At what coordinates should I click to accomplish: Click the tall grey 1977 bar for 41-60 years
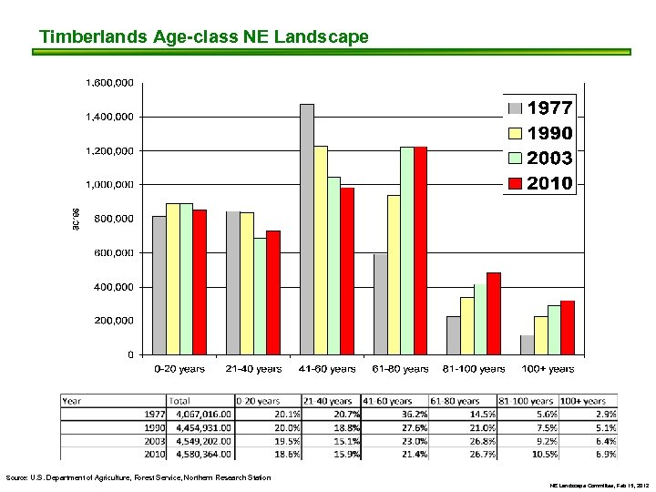(307, 229)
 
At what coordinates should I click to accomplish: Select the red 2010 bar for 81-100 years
(493, 313)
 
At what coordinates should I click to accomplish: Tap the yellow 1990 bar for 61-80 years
(394, 274)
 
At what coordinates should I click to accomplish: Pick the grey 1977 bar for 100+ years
(527, 344)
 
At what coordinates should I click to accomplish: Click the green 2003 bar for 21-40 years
(260, 295)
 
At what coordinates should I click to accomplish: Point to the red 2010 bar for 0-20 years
(199, 282)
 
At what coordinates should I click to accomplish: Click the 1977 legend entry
(540, 108)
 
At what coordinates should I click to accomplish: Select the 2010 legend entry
(540, 183)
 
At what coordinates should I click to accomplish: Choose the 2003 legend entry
(540, 159)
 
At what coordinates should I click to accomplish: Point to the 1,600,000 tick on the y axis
(109, 83)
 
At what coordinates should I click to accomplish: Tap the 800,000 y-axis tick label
(113, 219)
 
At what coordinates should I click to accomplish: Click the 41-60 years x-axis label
(326, 369)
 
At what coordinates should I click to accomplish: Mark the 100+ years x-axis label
(548, 369)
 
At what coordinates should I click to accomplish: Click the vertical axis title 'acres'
(76, 218)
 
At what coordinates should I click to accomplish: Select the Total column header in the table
(179, 400)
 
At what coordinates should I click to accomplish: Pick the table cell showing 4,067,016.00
(200, 413)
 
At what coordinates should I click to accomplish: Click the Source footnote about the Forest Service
(138, 477)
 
